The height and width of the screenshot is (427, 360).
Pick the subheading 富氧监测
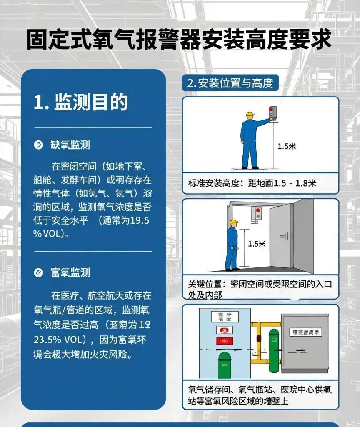[x=70, y=273]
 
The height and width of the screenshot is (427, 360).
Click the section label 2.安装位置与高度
[x=230, y=83]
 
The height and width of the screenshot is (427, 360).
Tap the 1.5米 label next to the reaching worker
[x=287, y=146]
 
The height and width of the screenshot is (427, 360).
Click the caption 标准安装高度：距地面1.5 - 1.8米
[x=252, y=183]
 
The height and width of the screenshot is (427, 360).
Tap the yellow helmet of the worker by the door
[x=234, y=223]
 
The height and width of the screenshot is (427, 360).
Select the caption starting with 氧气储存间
[x=260, y=395]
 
